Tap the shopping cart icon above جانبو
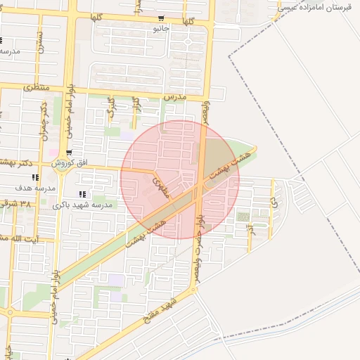(161, 19)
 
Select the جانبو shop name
(161, 30)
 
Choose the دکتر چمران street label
(44, 117)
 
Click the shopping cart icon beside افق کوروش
(68, 153)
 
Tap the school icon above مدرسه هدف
(36, 177)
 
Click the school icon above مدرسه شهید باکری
(82, 194)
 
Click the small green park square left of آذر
(243, 217)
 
